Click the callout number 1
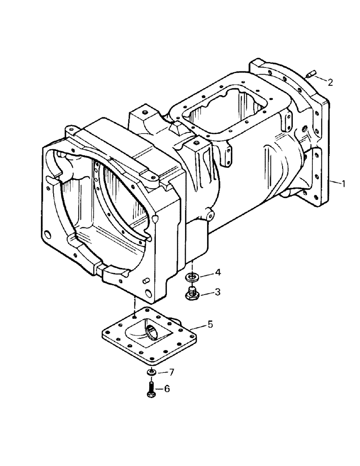point(344,184)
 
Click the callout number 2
point(330,82)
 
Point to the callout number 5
point(210,323)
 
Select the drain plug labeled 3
point(191,294)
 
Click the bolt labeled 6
point(151,389)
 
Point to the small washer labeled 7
point(151,372)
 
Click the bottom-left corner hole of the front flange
point(47,234)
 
